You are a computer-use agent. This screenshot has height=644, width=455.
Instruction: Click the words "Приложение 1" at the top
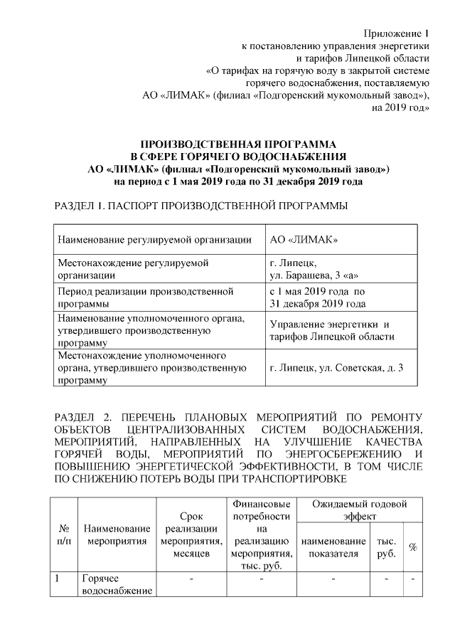397,33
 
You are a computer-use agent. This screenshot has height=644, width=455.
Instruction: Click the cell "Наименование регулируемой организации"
154,239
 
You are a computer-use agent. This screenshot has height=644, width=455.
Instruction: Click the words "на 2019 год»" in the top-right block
401,107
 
